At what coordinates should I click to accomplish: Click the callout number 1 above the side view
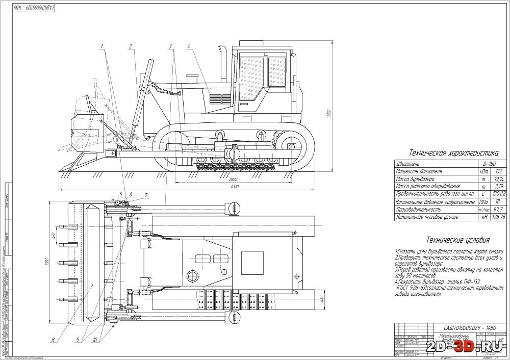coord(102,46)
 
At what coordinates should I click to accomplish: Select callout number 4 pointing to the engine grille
coord(188,46)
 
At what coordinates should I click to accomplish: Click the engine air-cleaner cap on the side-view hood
coord(192,80)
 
